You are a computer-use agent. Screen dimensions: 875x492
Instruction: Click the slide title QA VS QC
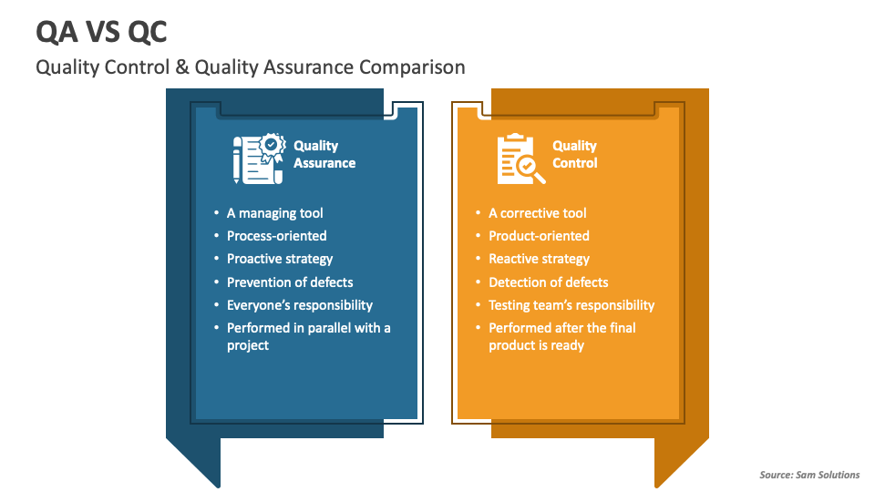point(101,32)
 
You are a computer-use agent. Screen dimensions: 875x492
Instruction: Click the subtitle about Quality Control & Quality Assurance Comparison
point(251,67)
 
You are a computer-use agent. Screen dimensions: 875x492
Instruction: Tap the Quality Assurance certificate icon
point(259,159)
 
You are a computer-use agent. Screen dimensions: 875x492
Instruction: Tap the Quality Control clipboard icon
point(521,159)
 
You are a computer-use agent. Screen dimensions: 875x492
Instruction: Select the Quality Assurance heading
point(324,155)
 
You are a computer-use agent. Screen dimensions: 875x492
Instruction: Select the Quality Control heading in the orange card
point(575,155)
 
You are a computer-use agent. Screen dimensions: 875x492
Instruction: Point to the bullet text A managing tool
point(274,213)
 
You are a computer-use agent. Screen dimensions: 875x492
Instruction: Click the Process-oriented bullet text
point(277,236)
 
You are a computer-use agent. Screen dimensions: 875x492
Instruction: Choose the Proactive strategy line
point(280,259)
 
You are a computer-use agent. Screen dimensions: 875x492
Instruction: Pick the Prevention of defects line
point(290,282)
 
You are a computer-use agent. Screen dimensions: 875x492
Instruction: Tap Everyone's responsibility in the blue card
point(300,305)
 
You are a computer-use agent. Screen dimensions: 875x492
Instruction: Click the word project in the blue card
point(248,346)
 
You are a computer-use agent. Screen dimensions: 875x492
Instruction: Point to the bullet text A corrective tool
point(538,213)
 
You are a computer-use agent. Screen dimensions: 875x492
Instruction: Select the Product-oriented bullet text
point(539,236)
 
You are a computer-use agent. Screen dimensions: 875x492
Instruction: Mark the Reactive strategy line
point(539,259)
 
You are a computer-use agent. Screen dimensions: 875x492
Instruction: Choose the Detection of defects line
point(549,282)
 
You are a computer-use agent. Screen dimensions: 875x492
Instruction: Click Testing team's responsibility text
point(571,305)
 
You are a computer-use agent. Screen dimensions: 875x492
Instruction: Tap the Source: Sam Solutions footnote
point(809,475)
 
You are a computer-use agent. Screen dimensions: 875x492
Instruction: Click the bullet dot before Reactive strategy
point(479,258)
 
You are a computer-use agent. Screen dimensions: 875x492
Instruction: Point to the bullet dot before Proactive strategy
point(217,258)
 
